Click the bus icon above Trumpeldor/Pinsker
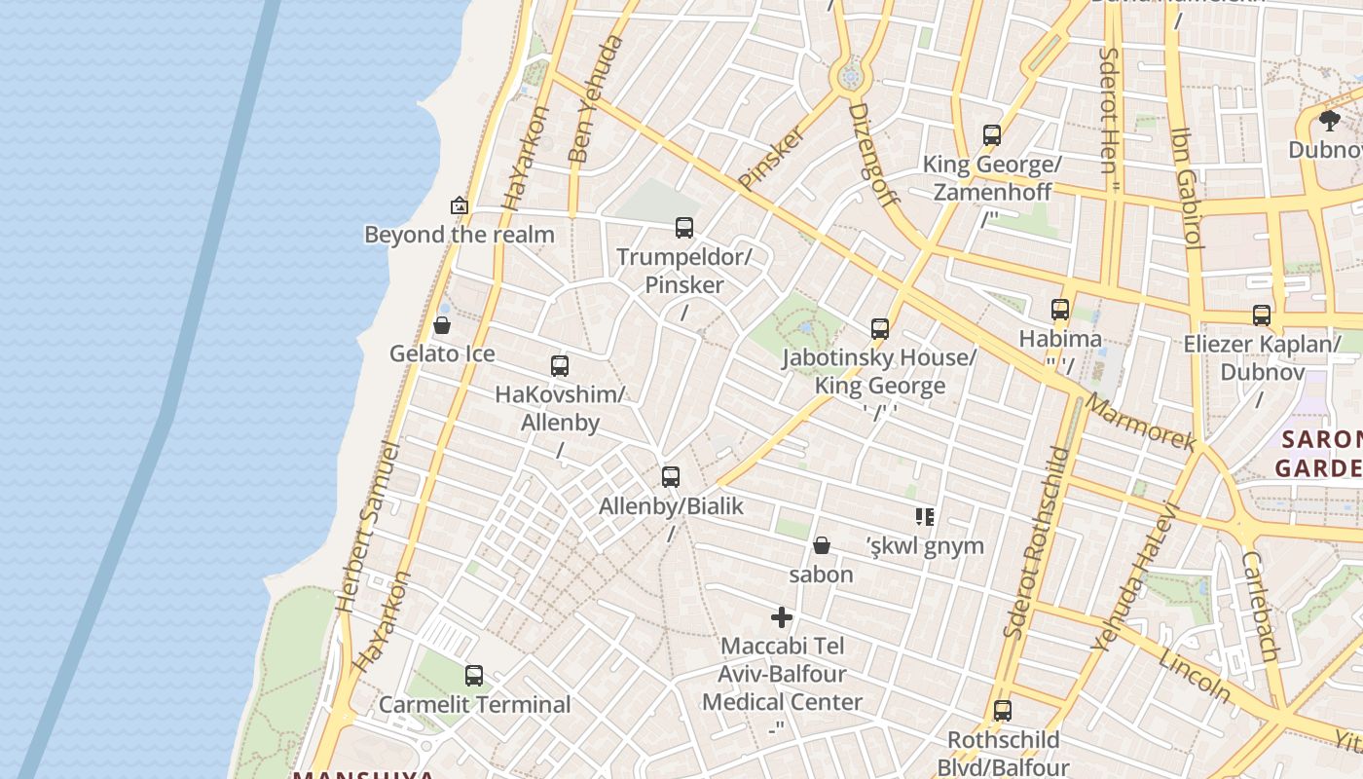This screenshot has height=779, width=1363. pyautogui.click(x=684, y=228)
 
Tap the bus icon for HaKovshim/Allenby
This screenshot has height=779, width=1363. pyautogui.click(x=560, y=366)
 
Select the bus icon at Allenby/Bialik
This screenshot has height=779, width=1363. pyautogui.click(x=671, y=477)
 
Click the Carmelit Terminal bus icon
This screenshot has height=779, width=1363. pyautogui.click(x=474, y=675)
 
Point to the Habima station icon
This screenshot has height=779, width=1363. pyautogui.click(x=1060, y=310)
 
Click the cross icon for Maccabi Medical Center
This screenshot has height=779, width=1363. pyautogui.click(x=782, y=617)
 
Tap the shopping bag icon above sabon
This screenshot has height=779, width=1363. pyautogui.click(x=822, y=545)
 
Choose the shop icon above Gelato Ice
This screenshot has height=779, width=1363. pyautogui.click(x=442, y=325)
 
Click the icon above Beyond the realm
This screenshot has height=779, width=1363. pyautogui.click(x=460, y=205)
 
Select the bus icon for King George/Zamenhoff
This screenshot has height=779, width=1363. pyautogui.click(x=992, y=135)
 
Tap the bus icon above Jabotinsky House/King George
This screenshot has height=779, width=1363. pyautogui.click(x=880, y=328)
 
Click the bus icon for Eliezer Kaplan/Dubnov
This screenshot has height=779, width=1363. pyautogui.click(x=1262, y=315)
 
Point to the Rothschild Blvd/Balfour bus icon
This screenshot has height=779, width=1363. pyautogui.click(x=1003, y=711)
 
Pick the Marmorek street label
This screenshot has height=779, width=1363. pyautogui.click(x=1140, y=422)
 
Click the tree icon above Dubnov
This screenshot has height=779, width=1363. pyautogui.click(x=1330, y=121)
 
